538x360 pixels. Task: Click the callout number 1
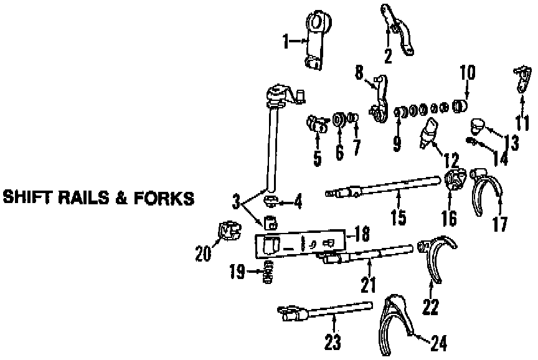coord(286,42)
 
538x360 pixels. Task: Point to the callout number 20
coord(203,253)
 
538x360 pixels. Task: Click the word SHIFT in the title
coord(26,198)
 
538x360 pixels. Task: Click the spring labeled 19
coord(270,273)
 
